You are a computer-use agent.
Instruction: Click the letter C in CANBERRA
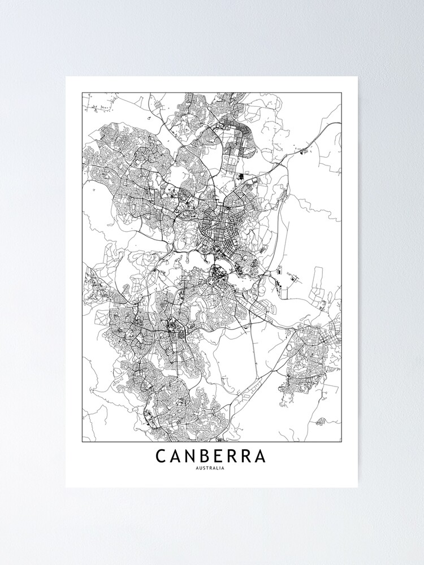coord(162,456)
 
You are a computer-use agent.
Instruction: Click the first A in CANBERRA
coord(177,456)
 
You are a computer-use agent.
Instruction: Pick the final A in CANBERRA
coord(260,456)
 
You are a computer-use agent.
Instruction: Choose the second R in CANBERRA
coord(250,456)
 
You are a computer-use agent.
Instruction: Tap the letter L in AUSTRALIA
coord(218,468)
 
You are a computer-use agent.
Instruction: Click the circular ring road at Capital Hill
coord(215,276)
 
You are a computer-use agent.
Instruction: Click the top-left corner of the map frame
coord(82,92)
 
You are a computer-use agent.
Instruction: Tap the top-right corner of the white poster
coord(358,77)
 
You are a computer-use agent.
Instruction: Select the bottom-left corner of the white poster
coord(66,487)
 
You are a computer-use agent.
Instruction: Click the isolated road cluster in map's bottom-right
coord(321,421)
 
